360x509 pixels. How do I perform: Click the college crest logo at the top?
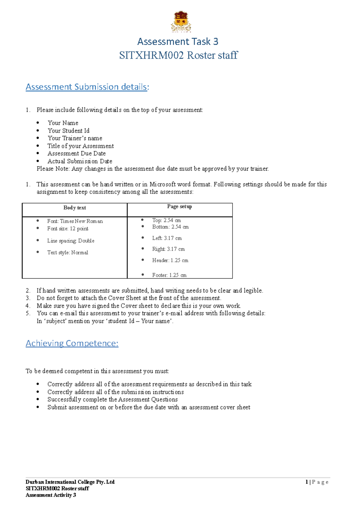pos(181,22)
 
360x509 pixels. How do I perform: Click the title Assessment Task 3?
pos(178,41)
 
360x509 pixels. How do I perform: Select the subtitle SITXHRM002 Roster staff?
pos(178,55)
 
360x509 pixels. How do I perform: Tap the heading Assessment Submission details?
pos(87,87)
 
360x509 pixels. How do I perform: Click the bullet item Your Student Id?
pos(68,131)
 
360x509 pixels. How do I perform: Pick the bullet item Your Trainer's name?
pos(75,138)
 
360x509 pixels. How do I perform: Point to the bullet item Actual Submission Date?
pos(80,161)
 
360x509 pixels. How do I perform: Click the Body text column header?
pos(74,208)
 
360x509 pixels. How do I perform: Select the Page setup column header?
pos(179,207)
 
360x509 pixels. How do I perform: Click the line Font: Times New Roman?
pos(75,221)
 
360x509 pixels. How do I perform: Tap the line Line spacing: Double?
pos(70,241)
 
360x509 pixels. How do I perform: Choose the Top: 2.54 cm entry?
pos(166,220)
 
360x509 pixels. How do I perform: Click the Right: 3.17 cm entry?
pos(168,249)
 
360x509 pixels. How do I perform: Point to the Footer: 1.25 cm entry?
pos(169,275)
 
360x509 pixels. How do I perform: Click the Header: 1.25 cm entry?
pos(170,260)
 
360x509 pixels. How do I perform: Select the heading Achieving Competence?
pos(72,343)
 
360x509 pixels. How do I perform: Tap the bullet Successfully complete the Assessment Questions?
pos(112,400)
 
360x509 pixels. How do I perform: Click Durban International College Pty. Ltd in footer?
pos(70,482)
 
